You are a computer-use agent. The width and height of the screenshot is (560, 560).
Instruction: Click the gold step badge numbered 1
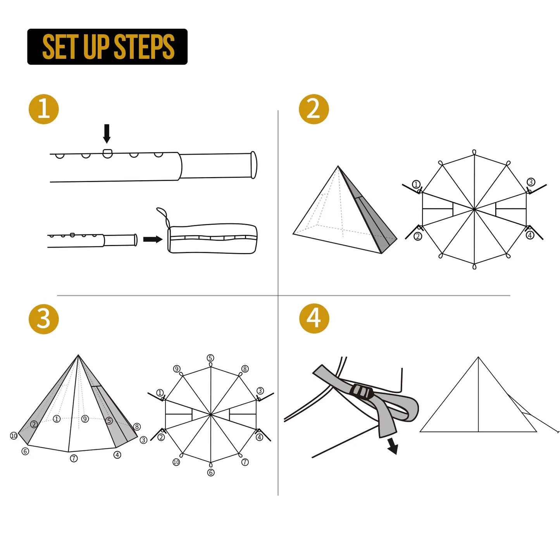(44, 109)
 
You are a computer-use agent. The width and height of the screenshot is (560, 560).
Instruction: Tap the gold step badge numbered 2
(314, 109)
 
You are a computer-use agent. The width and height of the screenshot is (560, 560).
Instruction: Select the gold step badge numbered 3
(44, 319)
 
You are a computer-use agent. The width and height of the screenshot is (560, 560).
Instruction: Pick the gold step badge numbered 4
(314, 319)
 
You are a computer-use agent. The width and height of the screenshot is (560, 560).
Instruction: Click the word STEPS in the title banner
(144, 47)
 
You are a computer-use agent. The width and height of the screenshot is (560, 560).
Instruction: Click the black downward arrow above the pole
(107, 133)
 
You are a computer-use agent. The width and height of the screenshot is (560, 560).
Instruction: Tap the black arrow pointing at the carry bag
(153, 239)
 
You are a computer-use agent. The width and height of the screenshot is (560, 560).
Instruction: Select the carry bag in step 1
(212, 238)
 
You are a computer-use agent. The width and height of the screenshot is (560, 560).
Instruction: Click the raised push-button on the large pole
(107, 153)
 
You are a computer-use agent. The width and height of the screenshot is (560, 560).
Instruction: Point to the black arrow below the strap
(393, 445)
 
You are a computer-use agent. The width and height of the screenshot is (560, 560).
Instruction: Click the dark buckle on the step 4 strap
(362, 392)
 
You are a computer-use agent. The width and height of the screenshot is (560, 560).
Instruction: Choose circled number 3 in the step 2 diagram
(531, 182)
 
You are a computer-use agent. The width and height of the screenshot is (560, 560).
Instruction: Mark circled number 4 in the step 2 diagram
(530, 235)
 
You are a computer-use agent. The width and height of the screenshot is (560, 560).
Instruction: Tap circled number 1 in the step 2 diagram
(416, 184)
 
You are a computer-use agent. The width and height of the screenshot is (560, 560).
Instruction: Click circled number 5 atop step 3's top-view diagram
(210, 358)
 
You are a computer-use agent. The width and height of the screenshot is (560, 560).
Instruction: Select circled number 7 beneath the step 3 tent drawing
(74, 458)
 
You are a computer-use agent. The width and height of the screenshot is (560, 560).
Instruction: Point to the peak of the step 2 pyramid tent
(338, 167)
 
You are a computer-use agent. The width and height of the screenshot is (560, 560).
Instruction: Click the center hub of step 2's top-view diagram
(474, 209)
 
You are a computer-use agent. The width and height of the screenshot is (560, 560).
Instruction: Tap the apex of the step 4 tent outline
(478, 357)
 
